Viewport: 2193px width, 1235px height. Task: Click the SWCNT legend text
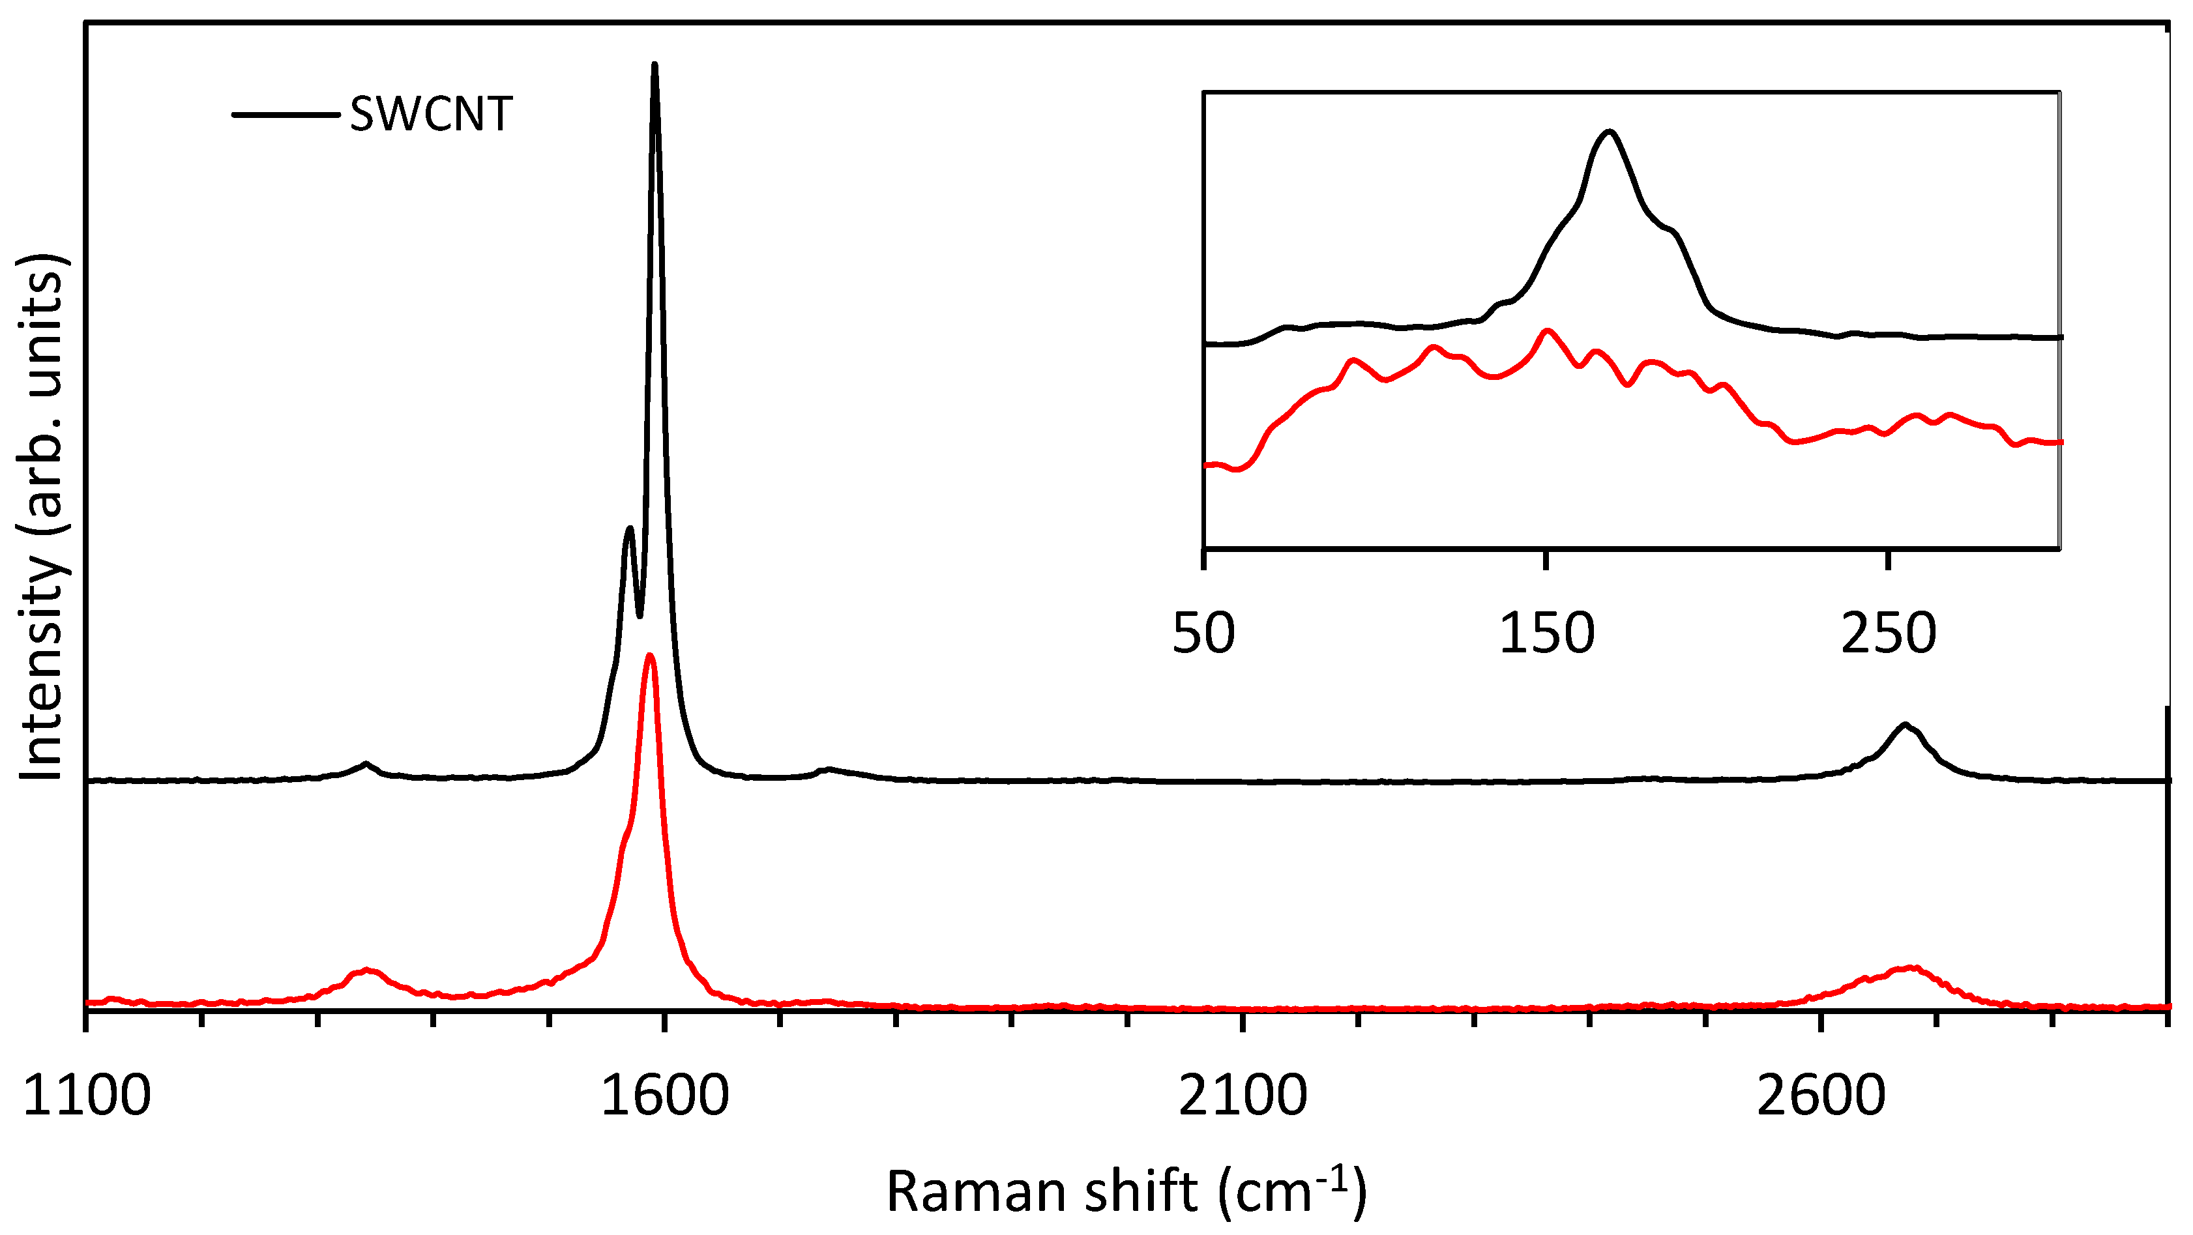[431, 114]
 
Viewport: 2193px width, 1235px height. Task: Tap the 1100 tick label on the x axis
[86, 1096]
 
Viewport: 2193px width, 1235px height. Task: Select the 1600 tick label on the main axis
[665, 1096]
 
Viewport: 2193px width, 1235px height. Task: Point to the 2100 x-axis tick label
[1243, 1096]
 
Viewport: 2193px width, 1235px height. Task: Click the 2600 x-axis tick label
[1821, 1096]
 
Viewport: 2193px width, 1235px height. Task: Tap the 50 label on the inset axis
[1203, 634]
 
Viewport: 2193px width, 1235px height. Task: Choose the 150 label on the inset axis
[1546, 634]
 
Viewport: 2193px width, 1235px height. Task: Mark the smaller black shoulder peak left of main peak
[629, 529]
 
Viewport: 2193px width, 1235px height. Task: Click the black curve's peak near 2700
[1906, 725]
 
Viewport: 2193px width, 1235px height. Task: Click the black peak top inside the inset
[1609, 132]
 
